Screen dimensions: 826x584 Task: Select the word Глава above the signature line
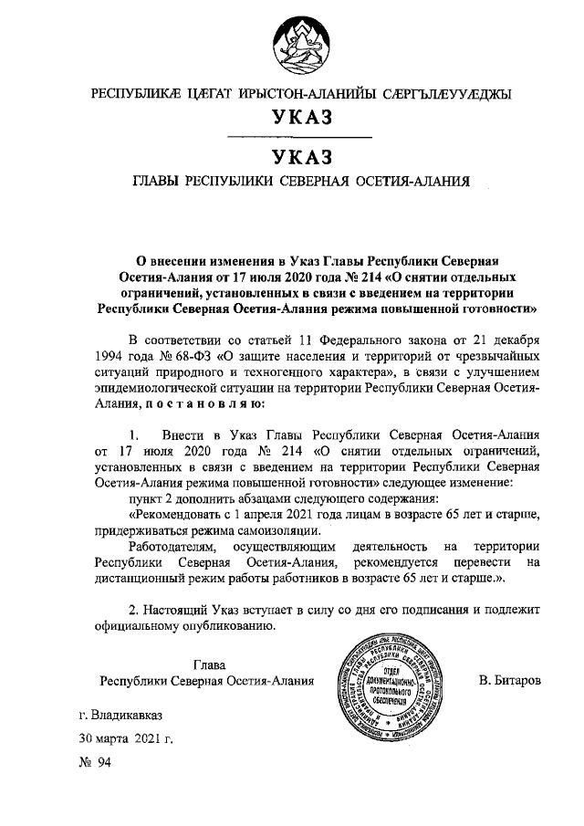pos(209,664)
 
